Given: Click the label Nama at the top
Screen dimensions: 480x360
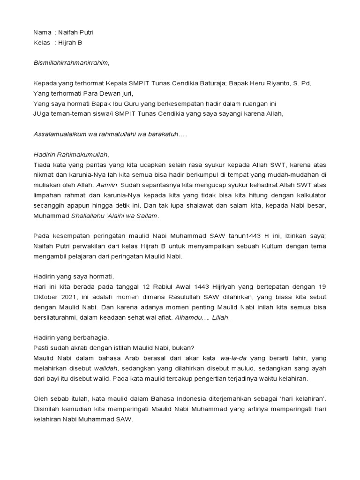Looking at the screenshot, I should (x=42, y=32).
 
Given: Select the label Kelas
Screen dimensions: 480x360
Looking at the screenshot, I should (x=42, y=43).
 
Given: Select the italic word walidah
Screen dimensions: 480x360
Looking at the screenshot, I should (x=107, y=368).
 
